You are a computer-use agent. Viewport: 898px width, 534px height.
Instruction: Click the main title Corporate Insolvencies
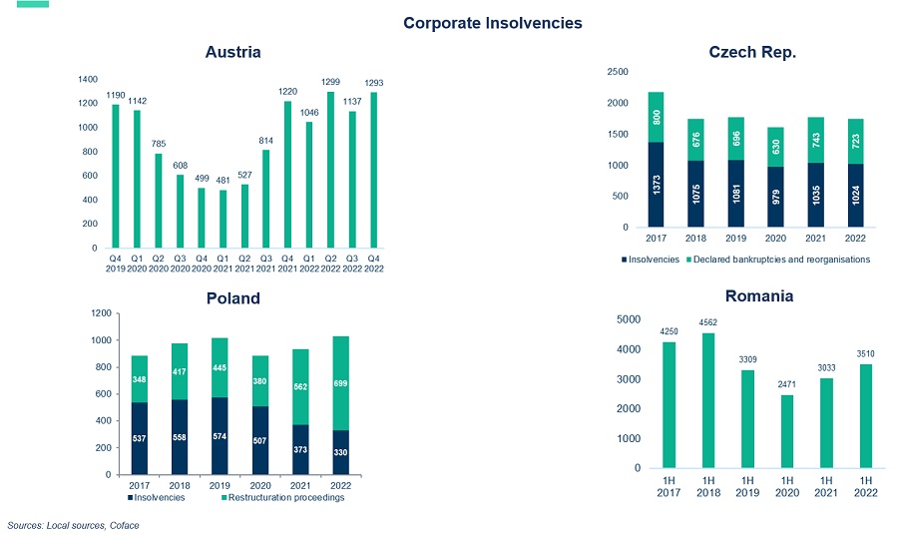point(493,22)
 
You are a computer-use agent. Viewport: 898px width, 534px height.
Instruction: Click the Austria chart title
point(232,52)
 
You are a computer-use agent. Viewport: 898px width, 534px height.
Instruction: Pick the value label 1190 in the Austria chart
point(116,96)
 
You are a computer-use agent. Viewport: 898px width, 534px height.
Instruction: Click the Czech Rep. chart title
point(751,52)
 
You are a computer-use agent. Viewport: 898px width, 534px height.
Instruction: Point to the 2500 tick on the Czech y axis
point(618,72)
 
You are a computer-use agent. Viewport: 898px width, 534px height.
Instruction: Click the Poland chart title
point(232,297)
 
